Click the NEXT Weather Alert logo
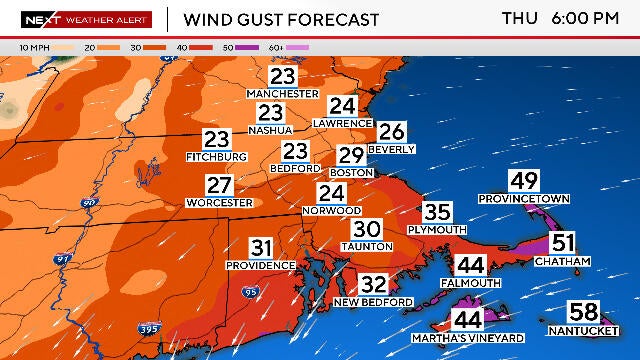pyautogui.click(x=86, y=19)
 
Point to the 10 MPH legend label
pyautogui.click(x=35, y=47)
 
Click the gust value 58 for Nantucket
pyautogui.click(x=584, y=311)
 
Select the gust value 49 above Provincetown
pyautogui.click(x=523, y=181)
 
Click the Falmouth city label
pyautogui.click(x=470, y=283)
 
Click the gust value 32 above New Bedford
pyautogui.click(x=373, y=284)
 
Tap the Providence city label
pyautogui.click(x=261, y=265)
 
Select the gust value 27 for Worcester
pyautogui.click(x=219, y=185)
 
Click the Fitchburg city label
pyautogui.click(x=216, y=157)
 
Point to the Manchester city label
pyautogui.click(x=284, y=94)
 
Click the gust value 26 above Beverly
pyautogui.click(x=391, y=131)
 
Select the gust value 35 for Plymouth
pyautogui.click(x=437, y=212)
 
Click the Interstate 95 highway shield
pyautogui.click(x=249, y=292)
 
